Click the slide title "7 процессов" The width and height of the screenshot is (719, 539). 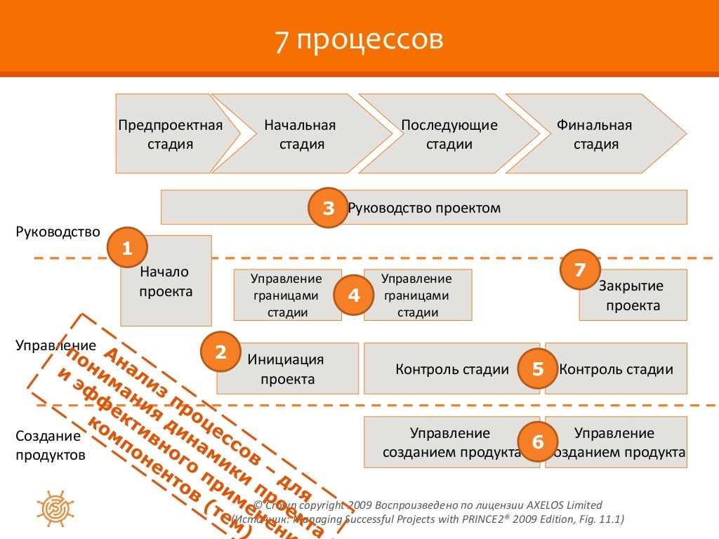[359, 40]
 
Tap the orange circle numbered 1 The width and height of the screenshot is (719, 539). [127, 248]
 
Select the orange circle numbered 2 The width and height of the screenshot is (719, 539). [220, 352]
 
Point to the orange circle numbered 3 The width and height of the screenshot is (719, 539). [329, 208]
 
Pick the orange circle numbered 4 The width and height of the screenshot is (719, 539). [354, 295]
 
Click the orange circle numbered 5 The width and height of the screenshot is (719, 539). [538, 369]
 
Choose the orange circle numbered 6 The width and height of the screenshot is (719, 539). [538, 441]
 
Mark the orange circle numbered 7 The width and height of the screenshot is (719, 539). [580, 269]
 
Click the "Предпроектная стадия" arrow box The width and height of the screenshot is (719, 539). [171, 134]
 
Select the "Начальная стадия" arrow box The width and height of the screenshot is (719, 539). [301, 134]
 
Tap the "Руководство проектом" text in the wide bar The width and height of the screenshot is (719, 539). [424, 208]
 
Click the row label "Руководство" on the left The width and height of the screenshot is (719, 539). [58, 232]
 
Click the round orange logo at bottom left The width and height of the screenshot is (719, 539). [53, 503]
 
